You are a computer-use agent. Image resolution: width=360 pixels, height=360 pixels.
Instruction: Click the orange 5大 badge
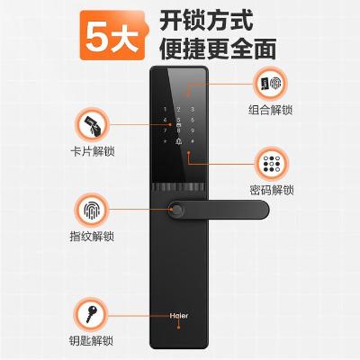(x=114, y=35)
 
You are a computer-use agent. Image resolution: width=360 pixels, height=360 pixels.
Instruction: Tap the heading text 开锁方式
(x=206, y=20)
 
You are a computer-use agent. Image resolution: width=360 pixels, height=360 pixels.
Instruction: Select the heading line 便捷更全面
(x=218, y=49)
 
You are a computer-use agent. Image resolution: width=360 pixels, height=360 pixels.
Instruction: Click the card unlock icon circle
(x=93, y=125)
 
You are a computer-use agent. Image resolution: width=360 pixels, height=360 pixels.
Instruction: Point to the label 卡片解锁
(x=93, y=151)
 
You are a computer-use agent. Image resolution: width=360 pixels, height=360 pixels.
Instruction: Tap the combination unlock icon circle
(x=270, y=84)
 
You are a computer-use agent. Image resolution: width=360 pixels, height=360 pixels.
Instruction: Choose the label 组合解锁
(x=270, y=110)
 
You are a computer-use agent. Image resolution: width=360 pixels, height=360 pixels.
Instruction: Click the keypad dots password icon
(x=272, y=164)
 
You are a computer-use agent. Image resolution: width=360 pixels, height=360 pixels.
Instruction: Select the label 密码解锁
(x=272, y=190)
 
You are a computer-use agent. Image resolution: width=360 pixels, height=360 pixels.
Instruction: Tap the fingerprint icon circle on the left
(x=92, y=210)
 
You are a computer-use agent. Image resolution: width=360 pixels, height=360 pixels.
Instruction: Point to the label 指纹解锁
(x=92, y=237)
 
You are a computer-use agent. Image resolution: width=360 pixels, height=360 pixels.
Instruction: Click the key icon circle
(x=91, y=314)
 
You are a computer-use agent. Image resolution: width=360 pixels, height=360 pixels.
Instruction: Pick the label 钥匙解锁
(x=91, y=341)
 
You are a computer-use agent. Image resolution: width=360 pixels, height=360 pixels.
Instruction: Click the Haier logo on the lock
(x=179, y=316)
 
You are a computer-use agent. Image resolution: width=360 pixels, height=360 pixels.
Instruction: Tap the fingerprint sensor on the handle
(x=176, y=211)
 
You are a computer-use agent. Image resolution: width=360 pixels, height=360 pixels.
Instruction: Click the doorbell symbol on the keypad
(x=179, y=140)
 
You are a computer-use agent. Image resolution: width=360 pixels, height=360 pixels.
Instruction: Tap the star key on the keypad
(x=165, y=141)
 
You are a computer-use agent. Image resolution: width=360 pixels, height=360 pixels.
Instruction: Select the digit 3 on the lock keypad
(x=193, y=110)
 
